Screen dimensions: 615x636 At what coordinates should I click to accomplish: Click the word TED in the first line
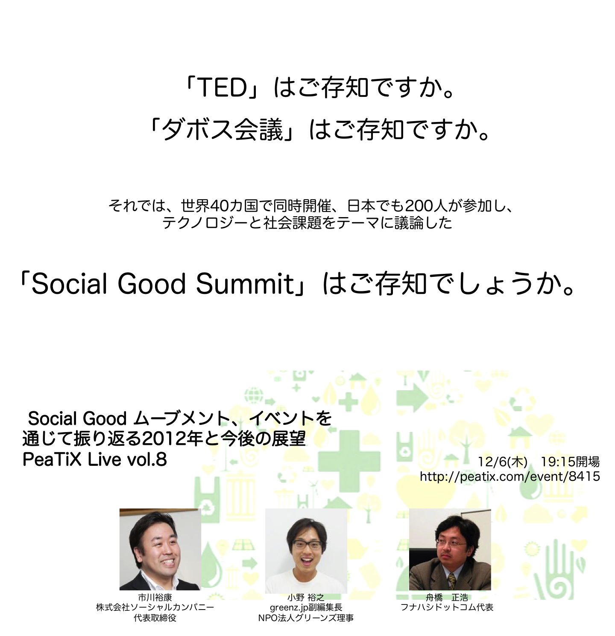pyautogui.click(x=223, y=87)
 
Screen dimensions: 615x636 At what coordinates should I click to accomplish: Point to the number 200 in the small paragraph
pyautogui.click(x=419, y=206)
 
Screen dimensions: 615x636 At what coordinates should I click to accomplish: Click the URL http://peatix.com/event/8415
pyautogui.click(x=510, y=476)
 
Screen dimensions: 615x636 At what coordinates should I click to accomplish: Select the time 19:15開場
pyautogui.click(x=570, y=462)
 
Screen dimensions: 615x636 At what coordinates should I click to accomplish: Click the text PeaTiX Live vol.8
pyautogui.click(x=94, y=459)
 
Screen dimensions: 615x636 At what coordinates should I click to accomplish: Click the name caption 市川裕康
pyautogui.click(x=155, y=598)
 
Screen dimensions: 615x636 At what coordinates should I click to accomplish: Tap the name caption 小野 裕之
pyautogui.click(x=306, y=598)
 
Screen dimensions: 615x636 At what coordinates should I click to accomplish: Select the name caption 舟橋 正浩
pyautogui.click(x=447, y=598)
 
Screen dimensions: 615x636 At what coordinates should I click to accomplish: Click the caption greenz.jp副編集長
pyautogui.click(x=306, y=607)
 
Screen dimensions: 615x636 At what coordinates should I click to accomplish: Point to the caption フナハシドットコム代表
pyautogui.click(x=447, y=607)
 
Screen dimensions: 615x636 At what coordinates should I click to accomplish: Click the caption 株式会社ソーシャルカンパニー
pyautogui.click(x=155, y=607)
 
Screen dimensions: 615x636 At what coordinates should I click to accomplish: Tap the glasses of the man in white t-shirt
pyautogui.click(x=307, y=545)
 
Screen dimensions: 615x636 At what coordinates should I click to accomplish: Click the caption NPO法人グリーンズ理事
pyautogui.click(x=306, y=618)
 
